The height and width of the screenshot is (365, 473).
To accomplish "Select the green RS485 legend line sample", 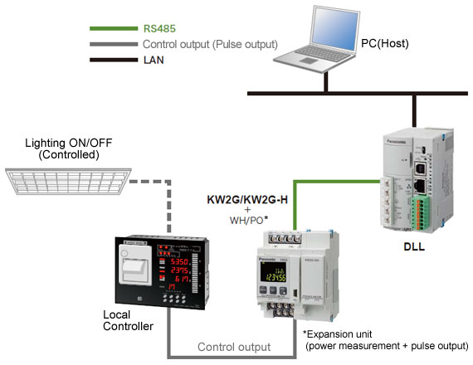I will (112, 27).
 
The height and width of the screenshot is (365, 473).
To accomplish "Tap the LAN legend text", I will (153, 60).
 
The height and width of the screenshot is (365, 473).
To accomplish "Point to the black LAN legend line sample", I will (112, 60).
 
